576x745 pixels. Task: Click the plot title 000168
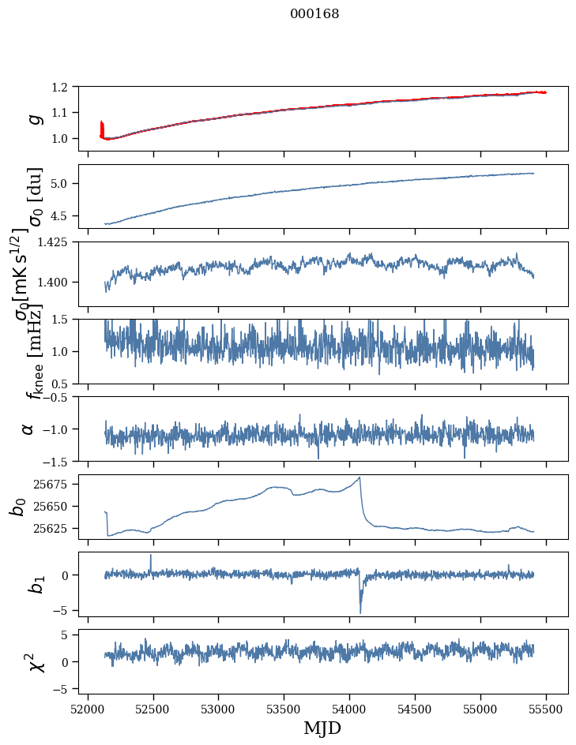[x=314, y=14]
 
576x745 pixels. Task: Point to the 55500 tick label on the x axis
[x=546, y=707]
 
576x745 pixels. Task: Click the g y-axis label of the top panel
[x=32, y=118]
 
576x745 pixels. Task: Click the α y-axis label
[x=28, y=428]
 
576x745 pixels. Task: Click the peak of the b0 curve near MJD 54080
[x=360, y=477]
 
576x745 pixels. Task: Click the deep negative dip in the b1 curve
[x=360, y=612]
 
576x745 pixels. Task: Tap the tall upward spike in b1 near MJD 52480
[x=151, y=556]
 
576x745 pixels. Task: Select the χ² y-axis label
[x=32, y=661]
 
